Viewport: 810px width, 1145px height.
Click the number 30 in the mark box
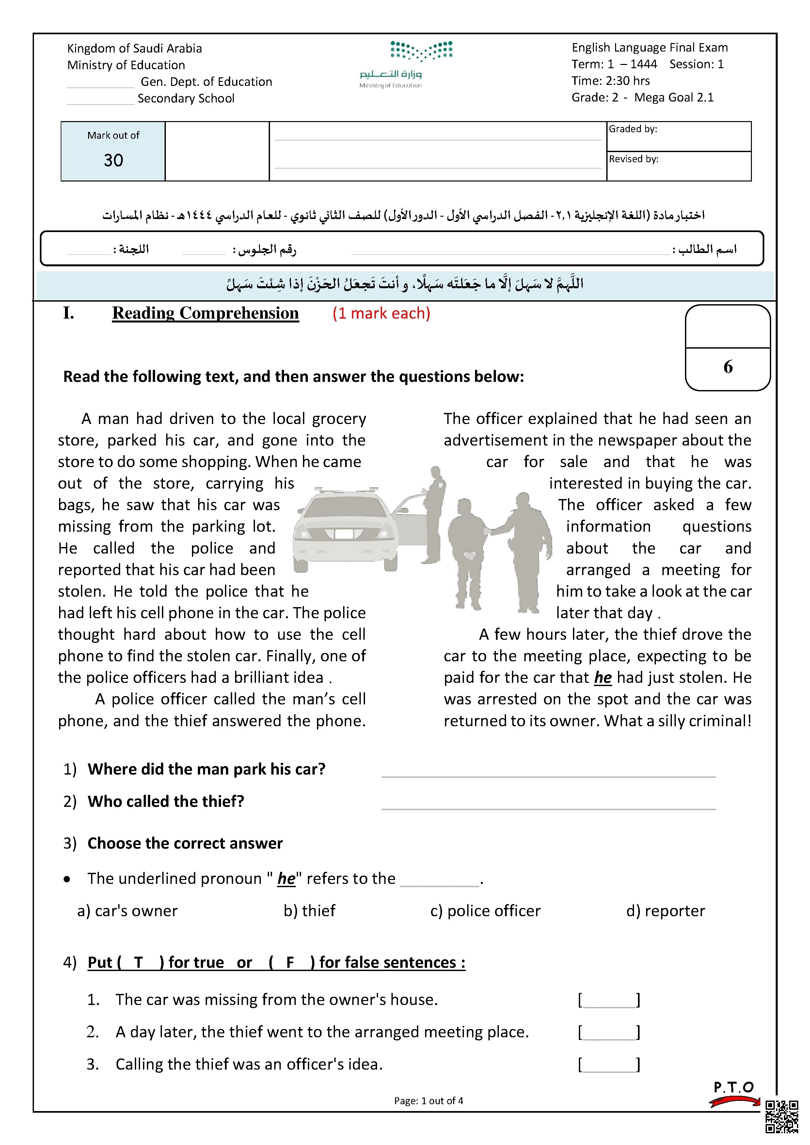[113, 160]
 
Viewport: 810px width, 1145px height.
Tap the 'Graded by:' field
[678, 136]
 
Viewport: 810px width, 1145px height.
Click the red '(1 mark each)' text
[381, 313]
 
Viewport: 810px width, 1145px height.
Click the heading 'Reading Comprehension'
[205, 313]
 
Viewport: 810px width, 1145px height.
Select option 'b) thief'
[309, 911]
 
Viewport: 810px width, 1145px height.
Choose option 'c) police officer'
[485, 911]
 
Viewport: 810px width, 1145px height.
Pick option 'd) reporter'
[665, 911]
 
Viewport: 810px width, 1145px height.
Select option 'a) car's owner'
[127, 911]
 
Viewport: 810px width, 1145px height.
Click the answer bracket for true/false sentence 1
[609, 1000]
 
